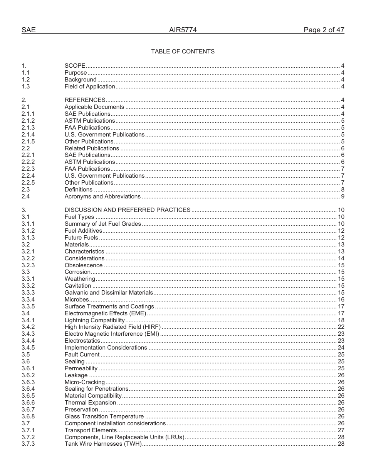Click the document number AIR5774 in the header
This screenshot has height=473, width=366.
183,30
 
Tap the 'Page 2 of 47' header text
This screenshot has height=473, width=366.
324,30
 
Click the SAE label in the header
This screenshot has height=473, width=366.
29,30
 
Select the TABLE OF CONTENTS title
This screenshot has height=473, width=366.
183,52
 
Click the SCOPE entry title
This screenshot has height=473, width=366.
75,66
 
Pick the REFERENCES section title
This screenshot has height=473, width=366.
85,100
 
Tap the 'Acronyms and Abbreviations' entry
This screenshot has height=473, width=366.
102,197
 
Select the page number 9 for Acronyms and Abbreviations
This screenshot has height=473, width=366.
342,197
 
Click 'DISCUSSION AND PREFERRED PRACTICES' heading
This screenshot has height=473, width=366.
128,210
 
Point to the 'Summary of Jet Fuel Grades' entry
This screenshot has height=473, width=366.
102,224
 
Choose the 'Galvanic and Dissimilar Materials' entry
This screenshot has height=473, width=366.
109,293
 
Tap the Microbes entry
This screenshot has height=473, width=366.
77,300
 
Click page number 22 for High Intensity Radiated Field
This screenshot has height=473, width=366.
341,327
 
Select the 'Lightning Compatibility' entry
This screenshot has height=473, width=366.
94,320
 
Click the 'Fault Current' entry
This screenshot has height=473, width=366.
82,355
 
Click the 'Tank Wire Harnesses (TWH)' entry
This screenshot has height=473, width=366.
103,444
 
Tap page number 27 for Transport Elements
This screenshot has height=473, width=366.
341,430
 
